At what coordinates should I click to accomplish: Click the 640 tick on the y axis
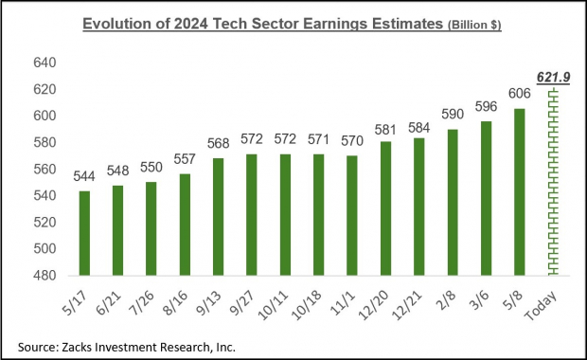pos(46,63)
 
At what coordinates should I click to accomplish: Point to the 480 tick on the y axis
pos(46,276)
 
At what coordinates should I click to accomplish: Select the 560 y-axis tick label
pos(46,170)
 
